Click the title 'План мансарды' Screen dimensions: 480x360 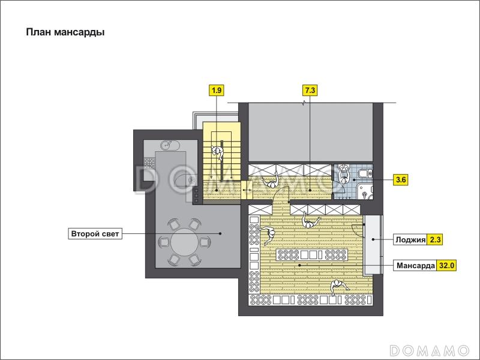[x=65, y=32]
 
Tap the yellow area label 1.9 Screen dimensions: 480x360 [x=217, y=91]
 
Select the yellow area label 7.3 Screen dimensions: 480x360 [x=310, y=91]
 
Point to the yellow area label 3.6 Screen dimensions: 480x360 [x=401, y=179]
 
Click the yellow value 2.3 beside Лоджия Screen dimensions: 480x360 [x=435, y=239]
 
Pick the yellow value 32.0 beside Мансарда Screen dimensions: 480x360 [x=446, y=265]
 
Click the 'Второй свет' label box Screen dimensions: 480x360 [x=95, y=234]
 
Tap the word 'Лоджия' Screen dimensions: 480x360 [x=410, y=239]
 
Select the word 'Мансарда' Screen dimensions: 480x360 [x=415, y=265]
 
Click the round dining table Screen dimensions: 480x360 [x=185, y=242]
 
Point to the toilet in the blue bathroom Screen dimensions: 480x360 [x=365, y=173]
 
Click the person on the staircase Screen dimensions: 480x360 [x=218, y=152]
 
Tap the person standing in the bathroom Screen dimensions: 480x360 [x=344, y=174]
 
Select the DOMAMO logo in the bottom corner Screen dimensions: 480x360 [x=429, y=350]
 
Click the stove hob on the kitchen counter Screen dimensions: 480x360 [x=149, y=163]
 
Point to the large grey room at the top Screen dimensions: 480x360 [x=310, y=132]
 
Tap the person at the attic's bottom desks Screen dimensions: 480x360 [x=338, y=287]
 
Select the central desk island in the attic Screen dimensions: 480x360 [x=311, y=254]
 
